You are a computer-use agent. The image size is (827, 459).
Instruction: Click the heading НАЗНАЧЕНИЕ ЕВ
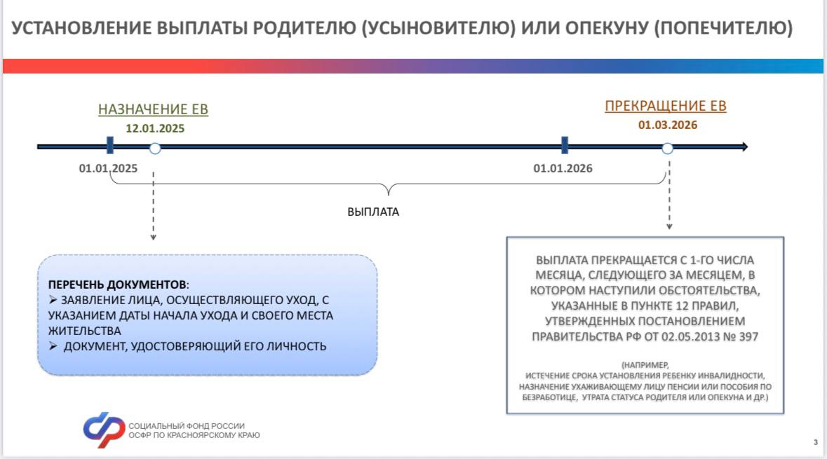coord(153,109)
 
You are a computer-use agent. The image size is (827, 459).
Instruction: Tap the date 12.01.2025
coord(155,128)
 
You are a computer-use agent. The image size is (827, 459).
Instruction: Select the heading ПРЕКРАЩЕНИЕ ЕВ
coord(666,106)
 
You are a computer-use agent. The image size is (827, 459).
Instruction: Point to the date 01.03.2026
coord(668,125)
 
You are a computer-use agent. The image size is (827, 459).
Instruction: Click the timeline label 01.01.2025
coord(108,168)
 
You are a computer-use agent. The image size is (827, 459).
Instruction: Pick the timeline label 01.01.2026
coord(563,168)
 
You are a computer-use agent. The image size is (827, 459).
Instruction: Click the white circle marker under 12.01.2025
coord(154,149)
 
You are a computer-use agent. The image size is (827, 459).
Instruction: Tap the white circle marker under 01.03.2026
coord(667,149)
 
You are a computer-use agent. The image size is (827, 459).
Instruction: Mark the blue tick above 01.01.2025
coord(109,146)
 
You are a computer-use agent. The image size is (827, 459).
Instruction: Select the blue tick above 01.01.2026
coord(565,146)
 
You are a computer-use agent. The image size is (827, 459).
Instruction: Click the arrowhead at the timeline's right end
coord(744,146)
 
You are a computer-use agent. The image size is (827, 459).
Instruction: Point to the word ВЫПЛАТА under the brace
coord(373,212)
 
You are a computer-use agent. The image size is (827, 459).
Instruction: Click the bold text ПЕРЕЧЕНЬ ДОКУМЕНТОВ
coord(117,285)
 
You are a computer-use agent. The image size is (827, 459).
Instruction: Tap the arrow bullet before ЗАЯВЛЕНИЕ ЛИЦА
coord(53,299)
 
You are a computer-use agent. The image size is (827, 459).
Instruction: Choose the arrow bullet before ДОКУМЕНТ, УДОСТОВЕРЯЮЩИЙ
coord(53,345)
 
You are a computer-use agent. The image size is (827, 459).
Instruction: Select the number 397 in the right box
coord(748,337)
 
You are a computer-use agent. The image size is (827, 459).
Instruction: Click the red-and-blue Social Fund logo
coord(104,430)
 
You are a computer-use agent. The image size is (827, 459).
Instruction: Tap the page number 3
coord(815,442)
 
